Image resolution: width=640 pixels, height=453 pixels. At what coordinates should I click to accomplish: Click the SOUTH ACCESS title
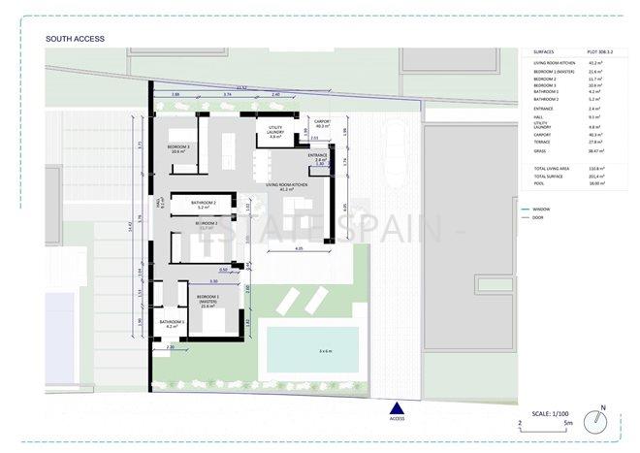click(x=76, y=39)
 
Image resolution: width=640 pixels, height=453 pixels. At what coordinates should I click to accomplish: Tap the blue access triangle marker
click(x=395, y=407)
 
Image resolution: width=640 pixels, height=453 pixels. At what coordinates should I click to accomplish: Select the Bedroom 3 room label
click(x=177, y=148)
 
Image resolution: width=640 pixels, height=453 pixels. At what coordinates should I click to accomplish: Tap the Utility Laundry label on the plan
click(x=274, y=134)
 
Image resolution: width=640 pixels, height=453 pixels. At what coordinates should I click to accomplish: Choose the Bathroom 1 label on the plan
click(x=173, y=324)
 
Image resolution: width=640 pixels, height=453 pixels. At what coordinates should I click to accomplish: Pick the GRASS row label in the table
click(x=541, y=150)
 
